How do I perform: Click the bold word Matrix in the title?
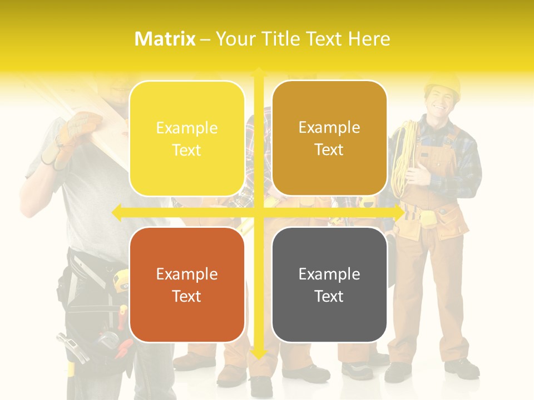click(165, 39)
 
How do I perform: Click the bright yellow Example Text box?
click(187, 138)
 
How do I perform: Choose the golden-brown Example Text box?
click(329, 138)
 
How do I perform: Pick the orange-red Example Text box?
click(187, 284)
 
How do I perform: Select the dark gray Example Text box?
click(329, 284)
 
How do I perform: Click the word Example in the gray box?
click(329, 274)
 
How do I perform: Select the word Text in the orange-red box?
click(187, 296)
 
